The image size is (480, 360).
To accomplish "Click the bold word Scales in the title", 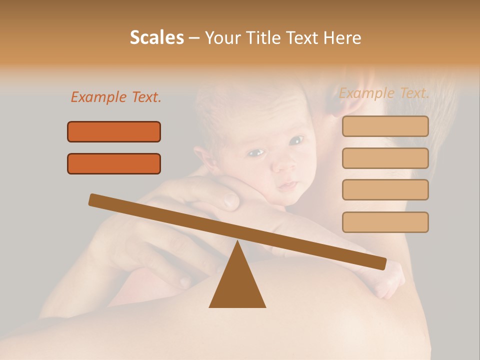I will pyautogui.click(x=156, y=37).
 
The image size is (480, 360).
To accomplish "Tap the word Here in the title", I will pyautogui.click(x=343, y=38).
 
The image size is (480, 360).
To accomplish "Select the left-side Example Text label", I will pyautogui.click(x=116, y=97).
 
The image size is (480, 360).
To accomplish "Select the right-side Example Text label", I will pyautogui.click(x=384, y=93).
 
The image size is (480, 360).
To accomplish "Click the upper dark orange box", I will pyautogui.click(x=114, y=131).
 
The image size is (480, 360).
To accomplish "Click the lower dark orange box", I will pyautogui.click(x=114, y=163).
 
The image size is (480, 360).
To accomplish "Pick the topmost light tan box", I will pyautogui.click(x=385, y=126).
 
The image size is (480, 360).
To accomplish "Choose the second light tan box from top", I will pyautogui.click(x=385, y=158).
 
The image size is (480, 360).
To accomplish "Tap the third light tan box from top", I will pyautogui.click(x=385, y=189).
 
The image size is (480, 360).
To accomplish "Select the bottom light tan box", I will pyautogui.click(x=385, y=222).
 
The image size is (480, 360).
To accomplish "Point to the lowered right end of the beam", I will pyautogui.click(x=381, y=263).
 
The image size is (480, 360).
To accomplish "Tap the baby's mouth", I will pyautogui.click(x=288, y=185).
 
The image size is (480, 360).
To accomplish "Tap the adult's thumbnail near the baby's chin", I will pyautogui.click(x=231, y=200).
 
